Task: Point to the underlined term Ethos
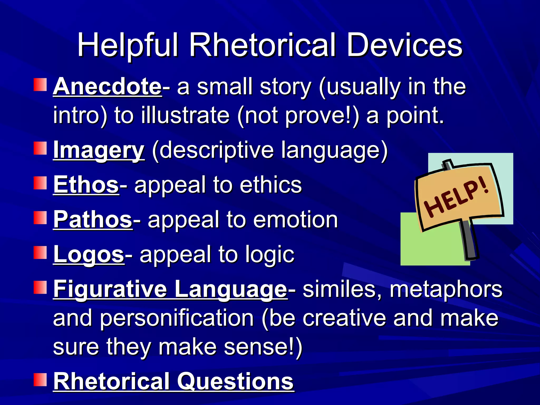coord(86,185)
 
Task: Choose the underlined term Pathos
coord(93,219)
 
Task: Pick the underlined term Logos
coord(89,254)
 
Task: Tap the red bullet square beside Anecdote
coord(40,85)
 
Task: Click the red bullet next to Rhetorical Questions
coord(40,379)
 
